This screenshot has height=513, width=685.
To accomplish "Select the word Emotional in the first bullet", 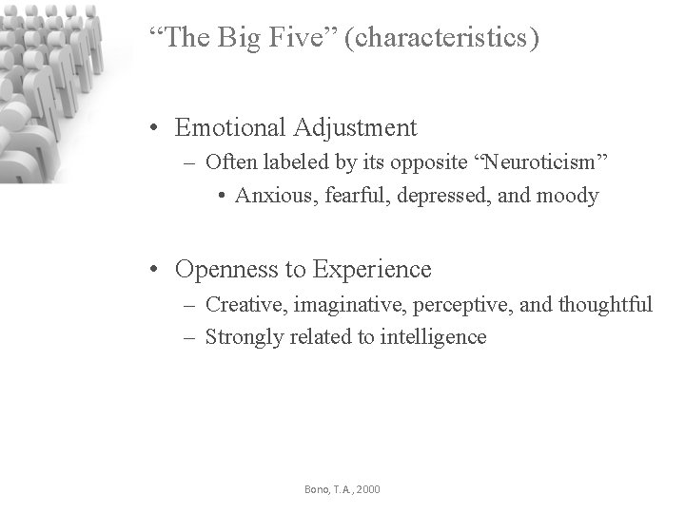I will tap(230, 127).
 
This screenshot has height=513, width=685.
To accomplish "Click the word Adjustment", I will tap(355, 127).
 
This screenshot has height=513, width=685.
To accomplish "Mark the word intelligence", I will tap(433, 337).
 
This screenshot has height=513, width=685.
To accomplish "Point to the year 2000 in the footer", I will tap(367, 489).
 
